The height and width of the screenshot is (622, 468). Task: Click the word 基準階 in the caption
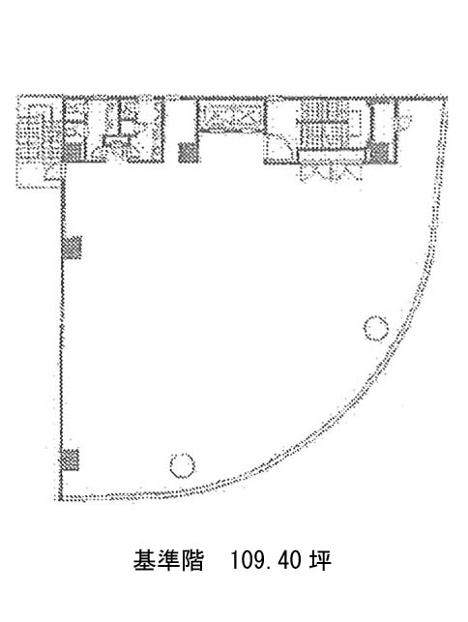coord(168,560)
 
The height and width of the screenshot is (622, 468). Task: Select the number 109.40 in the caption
coord(265,560)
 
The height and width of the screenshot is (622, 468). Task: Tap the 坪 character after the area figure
coord(320,560)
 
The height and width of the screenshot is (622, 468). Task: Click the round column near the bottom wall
coord(183,465)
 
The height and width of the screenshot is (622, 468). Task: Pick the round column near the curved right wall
coord(375,328)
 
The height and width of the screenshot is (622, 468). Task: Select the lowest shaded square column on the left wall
coord(70,459)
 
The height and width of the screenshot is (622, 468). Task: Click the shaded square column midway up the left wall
coord(72,248)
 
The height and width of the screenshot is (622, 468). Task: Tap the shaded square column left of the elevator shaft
coord(188,153)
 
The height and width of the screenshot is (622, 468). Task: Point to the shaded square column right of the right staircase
coord(379,153)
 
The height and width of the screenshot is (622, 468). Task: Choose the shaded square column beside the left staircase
coord(73,153)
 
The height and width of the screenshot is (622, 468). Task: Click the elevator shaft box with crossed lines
coord(231,116)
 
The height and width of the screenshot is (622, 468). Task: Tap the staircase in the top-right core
coord(330,124)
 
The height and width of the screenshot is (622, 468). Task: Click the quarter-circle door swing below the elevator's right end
coord(278,146)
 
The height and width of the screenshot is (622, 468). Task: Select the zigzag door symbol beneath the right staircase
coord(331,172)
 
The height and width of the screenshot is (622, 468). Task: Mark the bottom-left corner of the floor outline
coord(61,498)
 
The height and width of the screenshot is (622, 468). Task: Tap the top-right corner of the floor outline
coord(446,98)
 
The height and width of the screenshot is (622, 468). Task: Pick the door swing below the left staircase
coord(53,173)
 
